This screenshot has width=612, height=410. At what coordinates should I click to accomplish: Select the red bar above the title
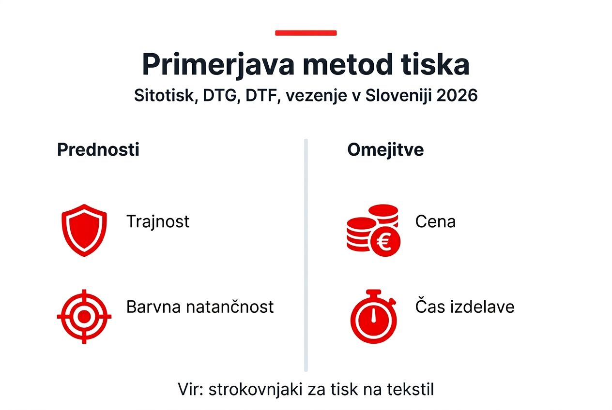[x=306, y=33]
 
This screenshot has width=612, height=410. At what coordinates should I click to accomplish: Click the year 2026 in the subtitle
[x=457, y=95]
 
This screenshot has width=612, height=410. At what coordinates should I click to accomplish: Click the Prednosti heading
[x=98, y=150]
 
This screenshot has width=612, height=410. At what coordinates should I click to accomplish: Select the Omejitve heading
[x=385, y=150]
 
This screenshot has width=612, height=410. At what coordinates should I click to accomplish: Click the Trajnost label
[x=158, y=221]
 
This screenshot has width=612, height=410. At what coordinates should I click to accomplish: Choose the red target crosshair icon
[x=84, y=317]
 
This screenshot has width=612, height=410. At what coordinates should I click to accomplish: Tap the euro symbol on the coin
[x=385, y=241]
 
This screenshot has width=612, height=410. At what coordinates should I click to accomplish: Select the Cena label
[x=435, y=221]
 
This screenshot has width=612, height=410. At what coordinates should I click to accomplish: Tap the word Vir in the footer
[x=188, y=389]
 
